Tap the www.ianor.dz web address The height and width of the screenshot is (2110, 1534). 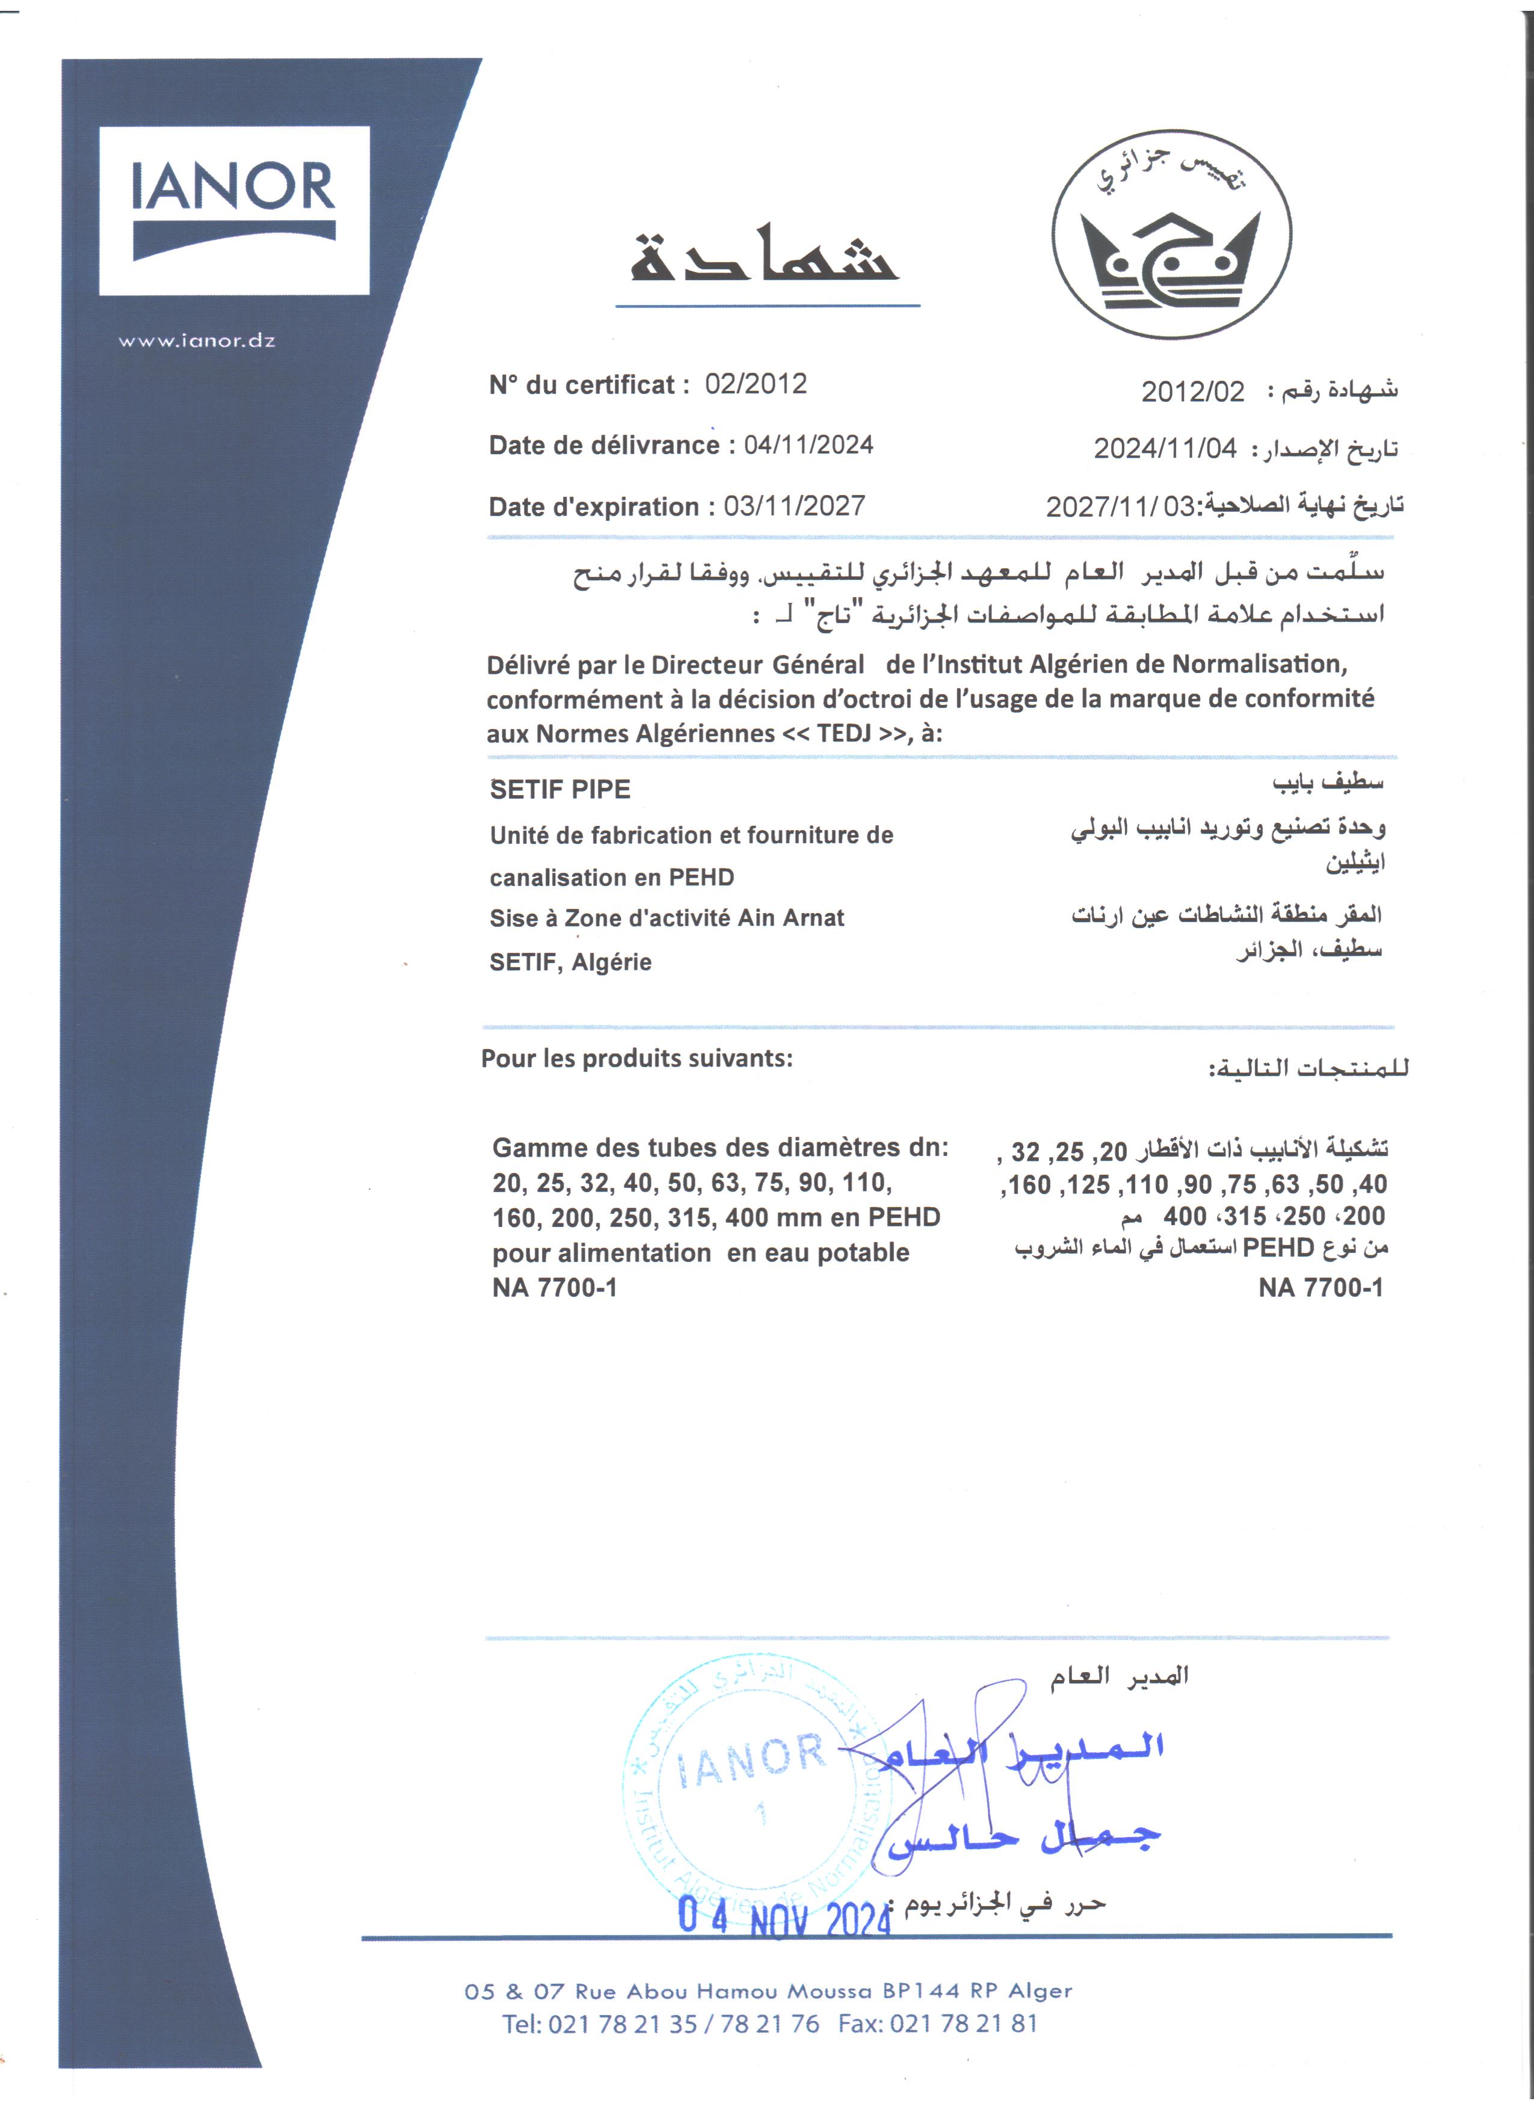tap(196, 340)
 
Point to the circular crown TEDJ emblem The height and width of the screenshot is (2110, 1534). tap(1171, 235)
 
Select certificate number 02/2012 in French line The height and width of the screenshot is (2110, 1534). tap(756, 384)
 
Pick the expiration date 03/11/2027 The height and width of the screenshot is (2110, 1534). tap(795, 506)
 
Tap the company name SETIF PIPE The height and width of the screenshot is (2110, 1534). tap(560, 790)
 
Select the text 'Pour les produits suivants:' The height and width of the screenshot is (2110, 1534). tap(636, 1059)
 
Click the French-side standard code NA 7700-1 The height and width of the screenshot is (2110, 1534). tap(555, 1288)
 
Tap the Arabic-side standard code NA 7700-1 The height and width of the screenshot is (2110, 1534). tap(1320, 1288)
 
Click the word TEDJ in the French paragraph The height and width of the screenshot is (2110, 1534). tap(844, 733)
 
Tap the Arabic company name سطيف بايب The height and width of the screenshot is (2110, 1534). tap(1328, 783)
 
